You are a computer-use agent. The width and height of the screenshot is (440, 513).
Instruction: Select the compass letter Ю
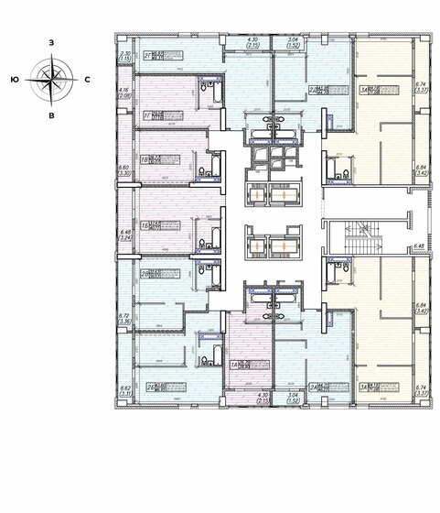[16, 81]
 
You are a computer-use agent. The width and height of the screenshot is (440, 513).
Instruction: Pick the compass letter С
[86, 81]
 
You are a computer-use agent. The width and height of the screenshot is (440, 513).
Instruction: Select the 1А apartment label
[235, 363]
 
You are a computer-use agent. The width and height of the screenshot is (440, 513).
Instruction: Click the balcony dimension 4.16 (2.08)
[124, 92]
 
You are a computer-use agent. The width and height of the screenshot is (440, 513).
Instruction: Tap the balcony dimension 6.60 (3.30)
[124, 169]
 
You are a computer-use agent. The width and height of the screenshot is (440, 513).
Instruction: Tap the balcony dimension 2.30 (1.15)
[124, 56]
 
